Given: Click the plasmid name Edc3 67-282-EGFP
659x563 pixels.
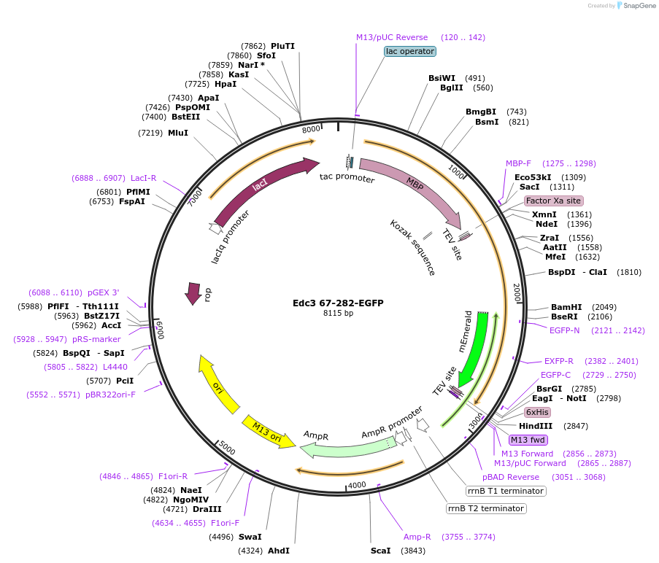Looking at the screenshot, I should point(338,303).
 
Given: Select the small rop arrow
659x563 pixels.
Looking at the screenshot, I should point(193,293).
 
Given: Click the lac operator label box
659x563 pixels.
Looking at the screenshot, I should point(410,51).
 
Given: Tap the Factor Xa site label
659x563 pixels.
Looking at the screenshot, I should point(554,201).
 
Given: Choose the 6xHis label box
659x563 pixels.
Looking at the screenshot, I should point(538,412).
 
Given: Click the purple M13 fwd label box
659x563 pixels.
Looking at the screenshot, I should point(528,440).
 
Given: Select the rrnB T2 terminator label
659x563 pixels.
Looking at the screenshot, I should point(486,508).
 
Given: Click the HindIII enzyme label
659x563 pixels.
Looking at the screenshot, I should point(536,426).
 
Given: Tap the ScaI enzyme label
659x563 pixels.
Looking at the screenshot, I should point(380,551).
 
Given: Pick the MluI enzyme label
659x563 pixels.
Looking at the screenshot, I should point(178,133).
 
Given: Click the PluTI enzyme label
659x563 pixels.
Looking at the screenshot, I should point(283,46).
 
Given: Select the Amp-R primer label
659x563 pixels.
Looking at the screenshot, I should point(417,537).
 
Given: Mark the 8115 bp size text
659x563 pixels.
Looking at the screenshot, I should point(338,314).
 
